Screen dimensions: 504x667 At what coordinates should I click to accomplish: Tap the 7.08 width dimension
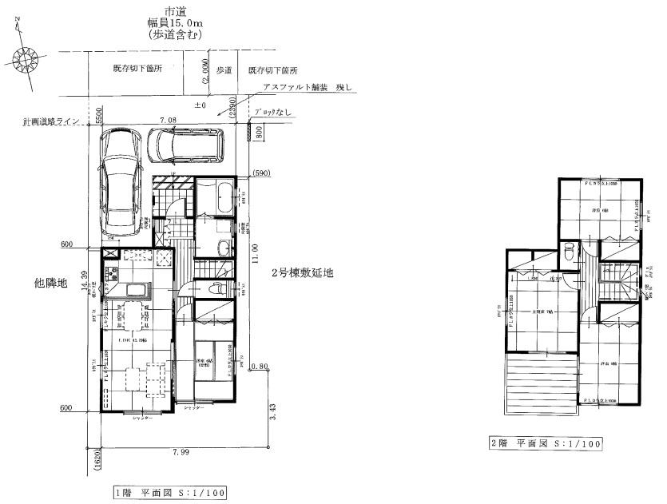(x=168, y=120)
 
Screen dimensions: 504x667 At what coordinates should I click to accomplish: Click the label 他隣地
(x=51, y=283)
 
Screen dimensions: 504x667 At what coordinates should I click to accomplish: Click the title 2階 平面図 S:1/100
(x=547, y=442)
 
